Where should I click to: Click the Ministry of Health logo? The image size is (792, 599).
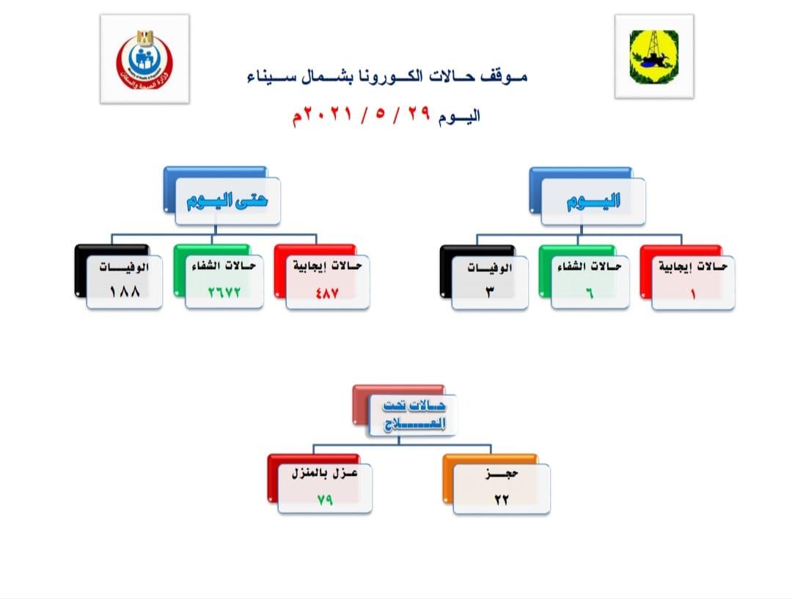pos(144,59)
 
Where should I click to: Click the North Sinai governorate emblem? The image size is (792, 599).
pos(653,56)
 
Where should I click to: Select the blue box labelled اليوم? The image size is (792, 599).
pos(593,202)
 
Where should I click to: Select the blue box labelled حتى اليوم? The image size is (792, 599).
pos(227,200)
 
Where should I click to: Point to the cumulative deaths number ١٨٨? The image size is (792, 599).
pos(124,290)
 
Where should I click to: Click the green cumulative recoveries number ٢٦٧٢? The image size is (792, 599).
pos(223,290)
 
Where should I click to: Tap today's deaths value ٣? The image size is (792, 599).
pos(489,291)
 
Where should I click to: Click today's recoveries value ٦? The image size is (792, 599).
pos(589,291)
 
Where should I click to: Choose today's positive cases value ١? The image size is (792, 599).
pos(692,291)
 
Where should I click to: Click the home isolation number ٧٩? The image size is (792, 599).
pos(325,499)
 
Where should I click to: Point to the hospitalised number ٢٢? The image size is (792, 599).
pos(502,499)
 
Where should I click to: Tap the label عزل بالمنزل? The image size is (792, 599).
pos(324,475)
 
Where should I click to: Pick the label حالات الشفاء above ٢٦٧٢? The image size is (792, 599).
pos(224,266)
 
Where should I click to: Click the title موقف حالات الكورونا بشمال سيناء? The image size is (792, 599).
pos(387,76)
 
